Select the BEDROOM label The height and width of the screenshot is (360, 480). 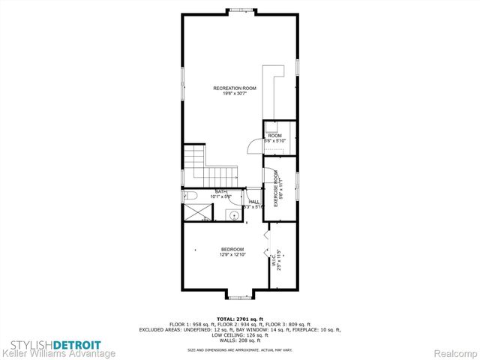pos(232,249)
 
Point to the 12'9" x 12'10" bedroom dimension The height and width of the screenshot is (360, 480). pos(232,254)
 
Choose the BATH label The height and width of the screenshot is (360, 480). pos(221,191)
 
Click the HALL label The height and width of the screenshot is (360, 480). pos(254,202)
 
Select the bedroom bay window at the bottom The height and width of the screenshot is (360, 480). pos(239,296)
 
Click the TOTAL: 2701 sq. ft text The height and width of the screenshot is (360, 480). pos(240,319)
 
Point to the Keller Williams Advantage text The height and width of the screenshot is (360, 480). pos(58,353)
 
